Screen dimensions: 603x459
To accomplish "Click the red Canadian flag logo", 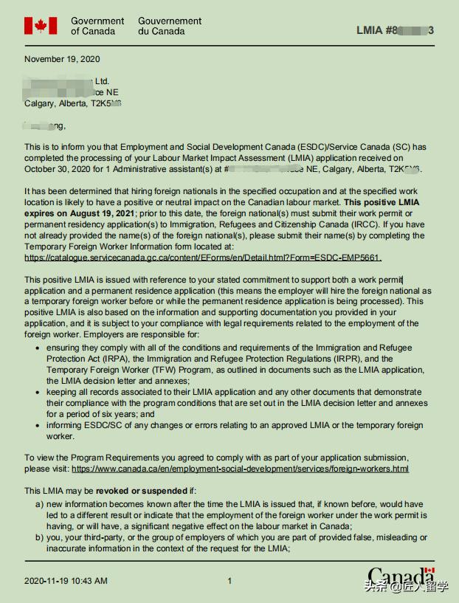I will click(x=41, y=26).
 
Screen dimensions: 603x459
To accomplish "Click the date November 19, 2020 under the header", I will click(x=62, y=59).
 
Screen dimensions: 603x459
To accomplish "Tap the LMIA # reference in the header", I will click(x=395, y=30).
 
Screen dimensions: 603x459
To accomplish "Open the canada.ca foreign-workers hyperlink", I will click(x=241, y=469).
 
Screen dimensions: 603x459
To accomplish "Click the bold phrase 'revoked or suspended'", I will click(x=141, y=491).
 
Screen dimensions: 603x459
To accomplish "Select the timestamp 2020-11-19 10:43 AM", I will click(x=66, y=581).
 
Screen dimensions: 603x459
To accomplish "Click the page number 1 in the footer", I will click(x=229, y=581).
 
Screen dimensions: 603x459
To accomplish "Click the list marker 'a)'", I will click(x=39, y=504).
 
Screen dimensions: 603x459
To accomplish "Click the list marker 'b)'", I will click(x=39, y=537).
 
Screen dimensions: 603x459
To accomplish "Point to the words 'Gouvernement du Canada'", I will click(x=170, y=26).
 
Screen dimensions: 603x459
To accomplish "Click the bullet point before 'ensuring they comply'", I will click(x=38, y=348).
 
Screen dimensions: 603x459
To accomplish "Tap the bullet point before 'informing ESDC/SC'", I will click(x=38, y=426).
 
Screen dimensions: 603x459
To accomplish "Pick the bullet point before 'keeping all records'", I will click(x=38, y=393).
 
